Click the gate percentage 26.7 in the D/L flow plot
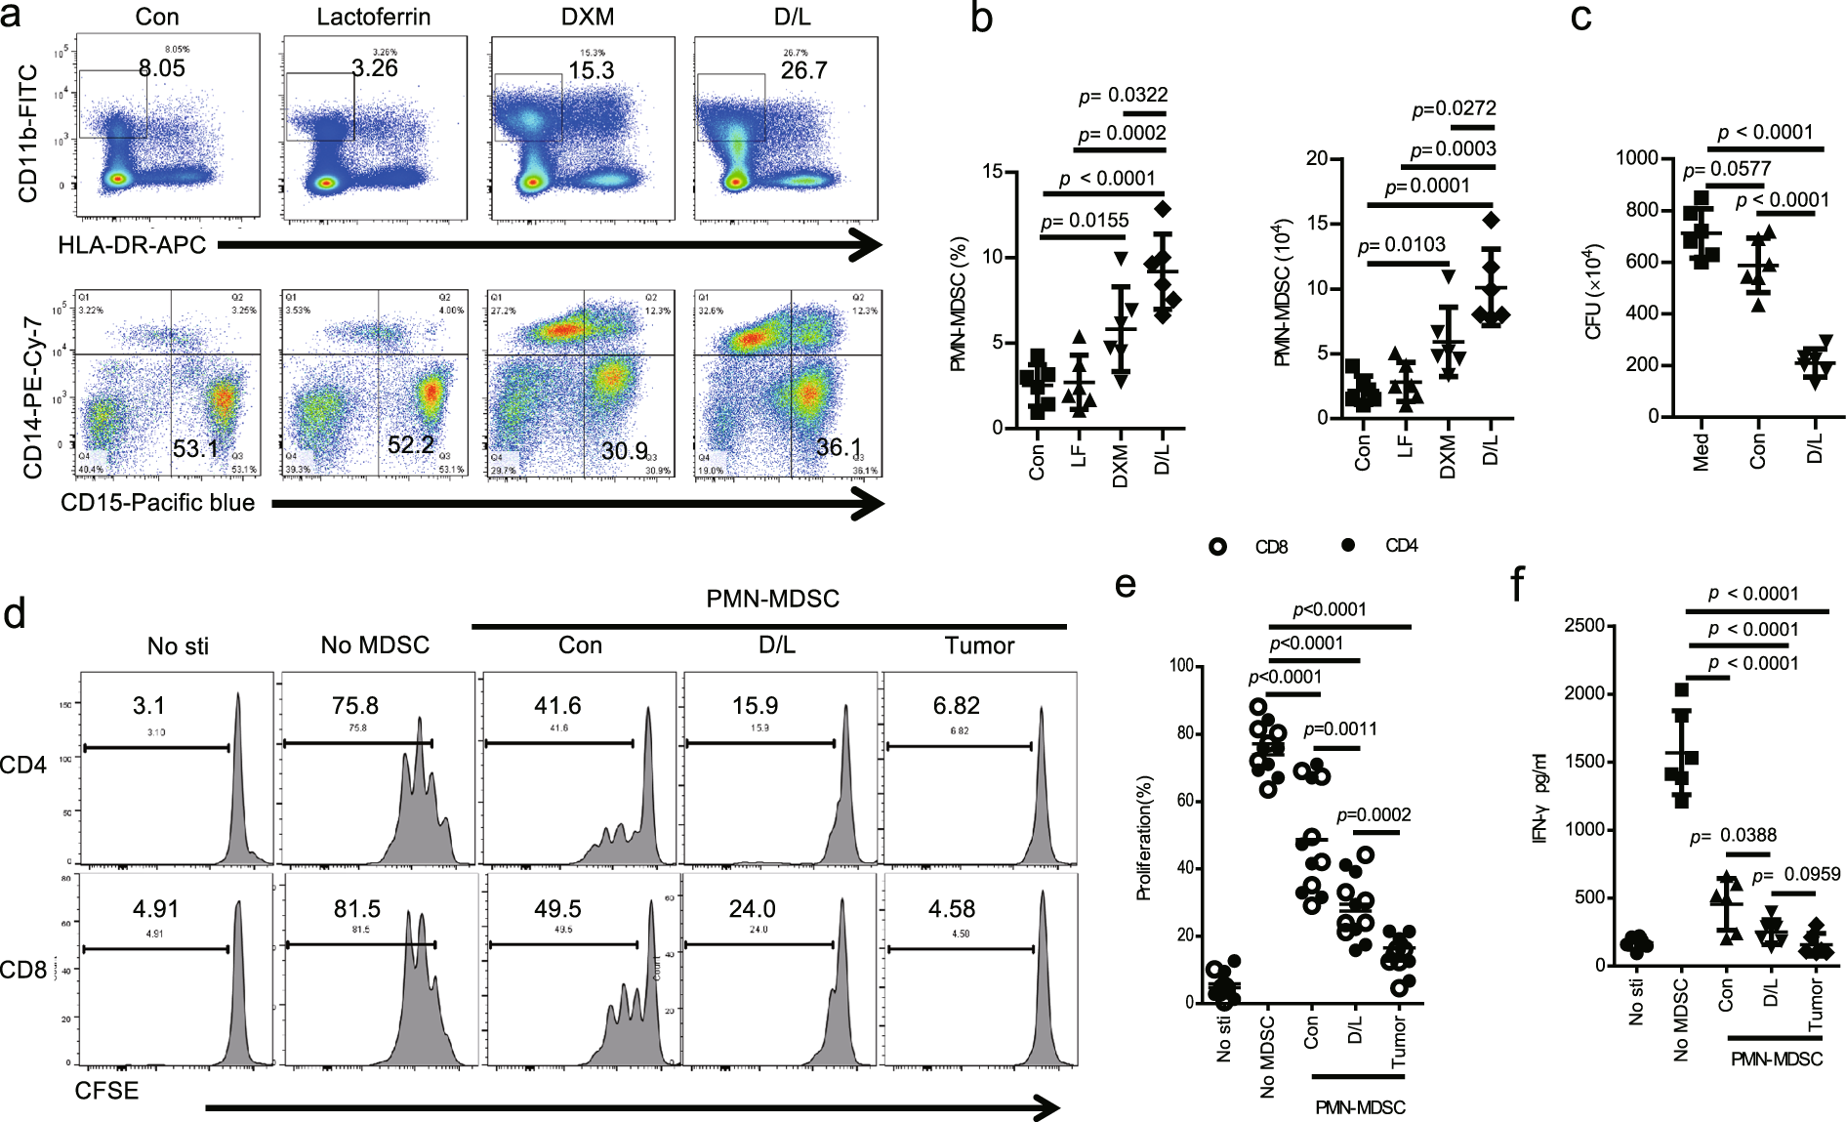[803, 70]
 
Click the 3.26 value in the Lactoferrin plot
[375, 68]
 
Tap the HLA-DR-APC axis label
[132, 245]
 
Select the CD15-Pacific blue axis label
[158, 503]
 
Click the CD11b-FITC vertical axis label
[28, 134]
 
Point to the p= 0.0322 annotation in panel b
[1123, 96]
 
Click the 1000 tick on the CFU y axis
[1637, 159]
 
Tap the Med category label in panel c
[1702, 452]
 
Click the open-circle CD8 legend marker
[1217, 547]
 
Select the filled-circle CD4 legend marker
[1349, 546]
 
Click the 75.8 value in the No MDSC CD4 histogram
[355, 706]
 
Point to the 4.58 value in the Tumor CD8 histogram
[952, 909]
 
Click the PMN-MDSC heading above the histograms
[772, 599]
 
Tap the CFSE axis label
[107, 1091]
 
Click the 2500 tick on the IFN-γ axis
[1584, 626]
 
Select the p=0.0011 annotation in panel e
[1340, 729]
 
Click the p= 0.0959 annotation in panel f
[1796, 875]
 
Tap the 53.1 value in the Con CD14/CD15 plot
[195, 449]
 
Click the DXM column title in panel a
[583, 18]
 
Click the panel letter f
[1518, 586]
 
